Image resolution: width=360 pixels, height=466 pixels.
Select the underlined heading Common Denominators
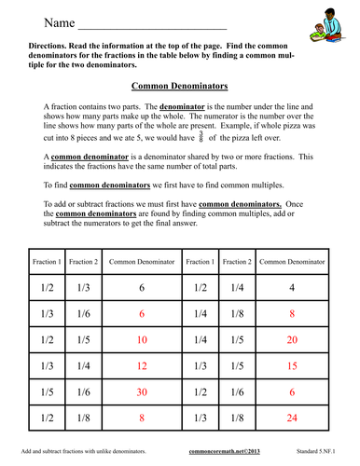[x=179, y=86]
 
